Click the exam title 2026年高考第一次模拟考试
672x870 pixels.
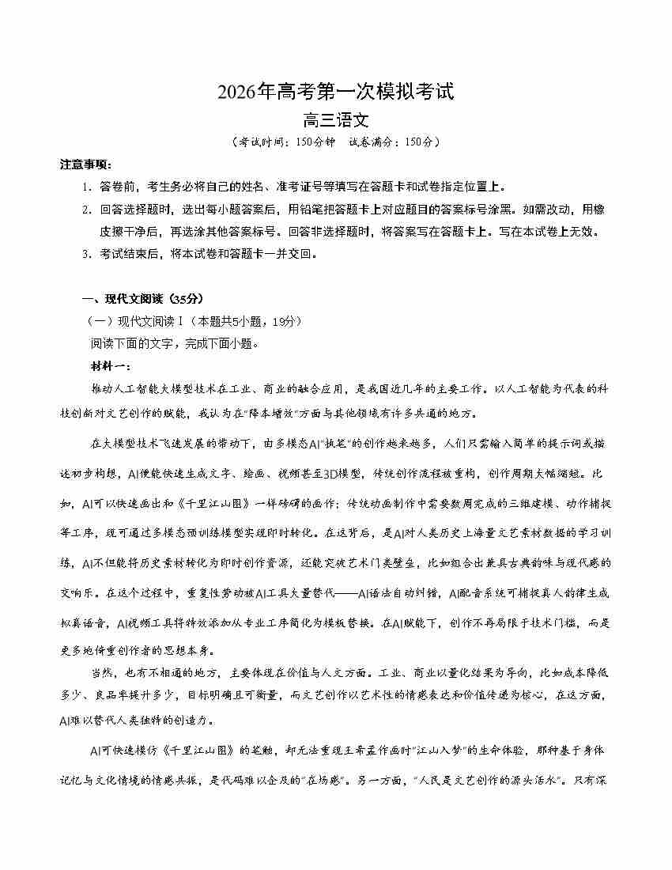coord(336,93)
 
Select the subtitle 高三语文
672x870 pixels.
coord(336,121)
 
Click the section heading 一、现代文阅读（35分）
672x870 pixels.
coord(143,298)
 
